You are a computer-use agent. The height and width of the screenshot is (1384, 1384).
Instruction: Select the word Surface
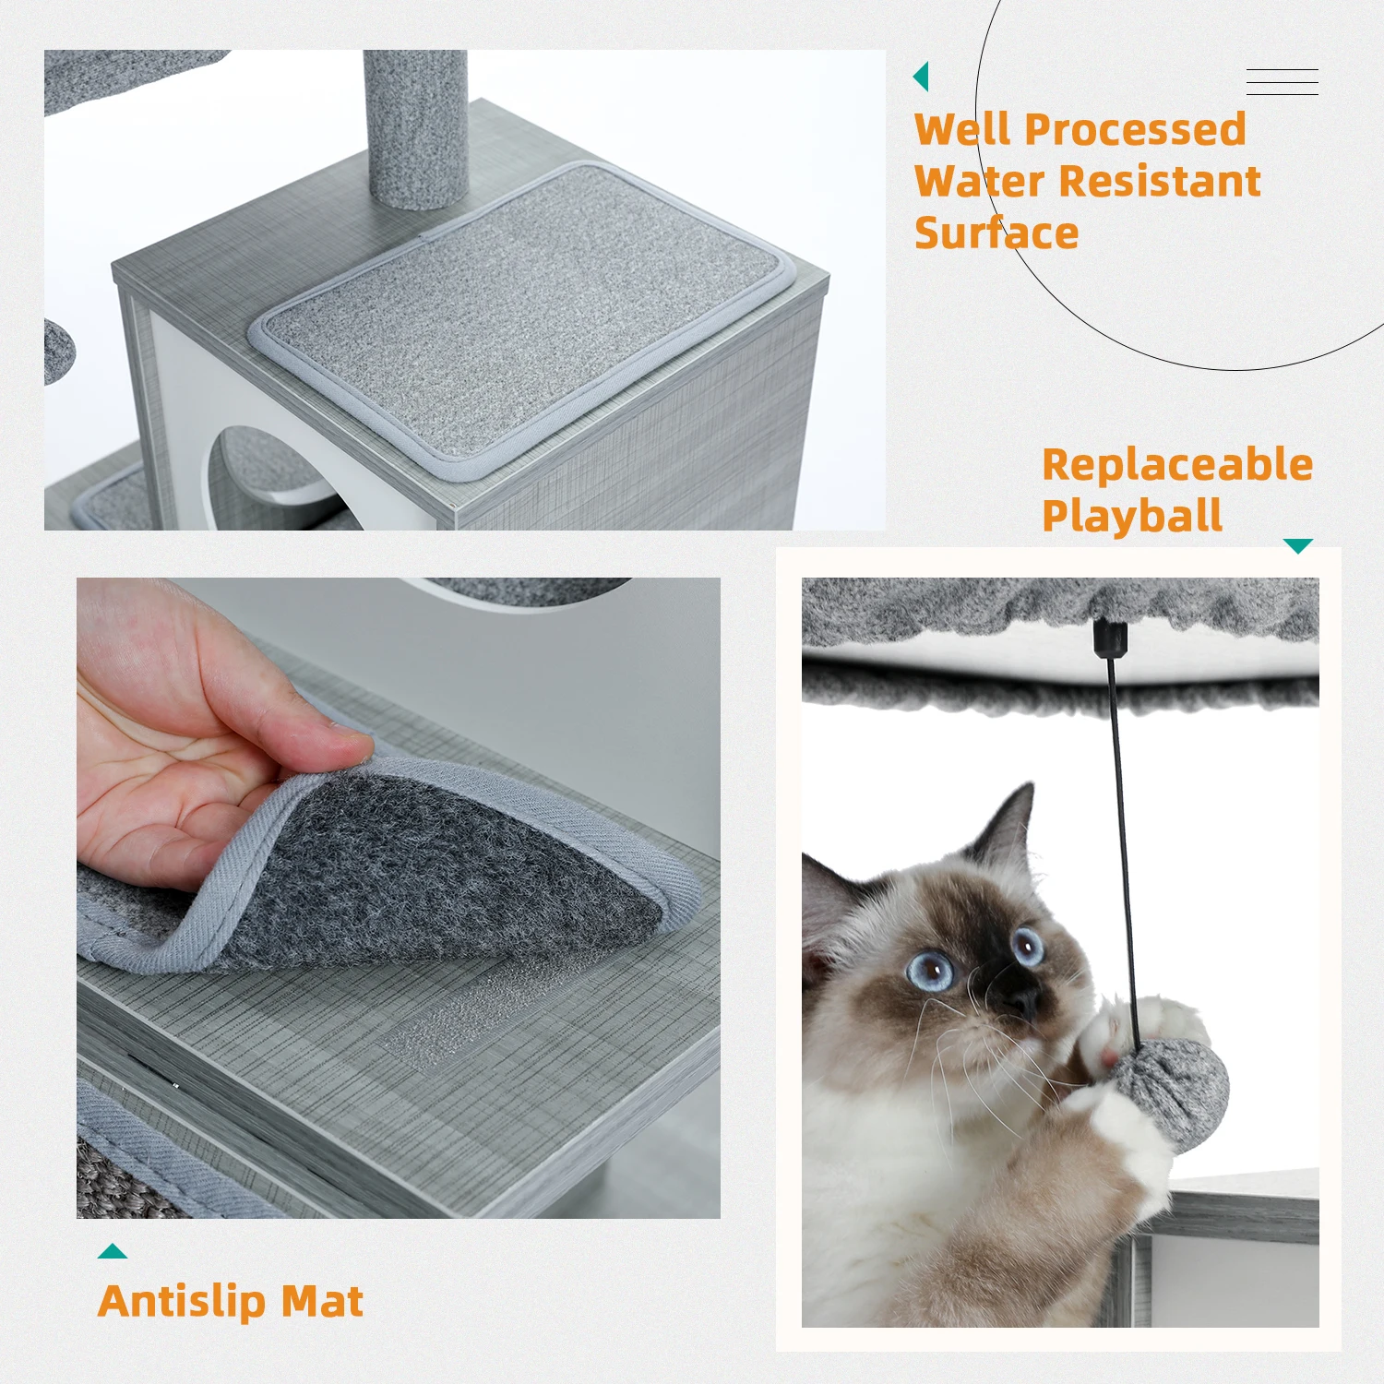pos(996,233)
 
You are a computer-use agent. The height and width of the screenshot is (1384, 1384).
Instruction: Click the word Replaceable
pos(1177,464)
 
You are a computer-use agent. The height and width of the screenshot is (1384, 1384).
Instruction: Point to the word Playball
pos(1132,516)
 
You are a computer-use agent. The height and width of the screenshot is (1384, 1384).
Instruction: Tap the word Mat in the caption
pos(322,1302)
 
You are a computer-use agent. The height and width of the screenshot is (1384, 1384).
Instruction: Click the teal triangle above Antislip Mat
pos(113,1251)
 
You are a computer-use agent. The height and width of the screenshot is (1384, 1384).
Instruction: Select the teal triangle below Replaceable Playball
pos(1298,546)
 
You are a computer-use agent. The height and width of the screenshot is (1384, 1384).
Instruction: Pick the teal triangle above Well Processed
pos(921,77)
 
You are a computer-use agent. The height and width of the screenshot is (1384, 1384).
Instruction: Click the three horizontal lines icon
pos(1283,82)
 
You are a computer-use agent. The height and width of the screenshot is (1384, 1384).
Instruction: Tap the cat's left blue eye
pos(930,970)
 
